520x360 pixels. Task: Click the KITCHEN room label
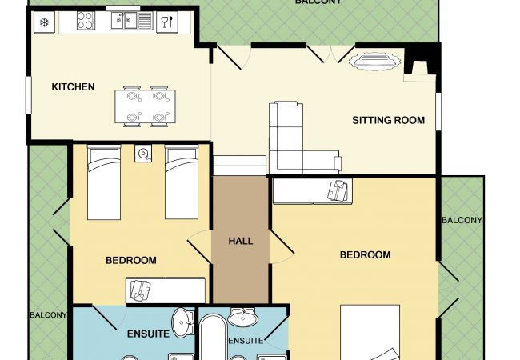(x=73, y=87)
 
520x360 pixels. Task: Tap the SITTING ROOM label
(x=388, y=120)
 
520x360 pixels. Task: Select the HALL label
(x=241, y=241)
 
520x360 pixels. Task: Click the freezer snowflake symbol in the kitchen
(x=44, y=22)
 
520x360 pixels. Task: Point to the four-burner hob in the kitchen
(x=86, y=21)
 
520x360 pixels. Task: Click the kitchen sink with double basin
(x=131, y=21)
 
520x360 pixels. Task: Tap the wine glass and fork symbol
(x=167, y=22)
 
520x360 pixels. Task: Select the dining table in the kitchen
(x=146, y=106)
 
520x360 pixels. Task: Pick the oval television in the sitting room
(x=374, y=62)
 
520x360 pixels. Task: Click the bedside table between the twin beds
(x=143, y=154)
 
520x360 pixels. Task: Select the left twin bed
(x=104, y=182)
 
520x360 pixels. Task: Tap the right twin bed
(x=182, y=182)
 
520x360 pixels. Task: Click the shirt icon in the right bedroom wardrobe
(x=338, y=190)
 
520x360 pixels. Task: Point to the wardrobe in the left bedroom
(x=166, y=290)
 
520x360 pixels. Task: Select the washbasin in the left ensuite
(x=183, y=323)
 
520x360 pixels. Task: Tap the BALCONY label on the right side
(x=462, y=220)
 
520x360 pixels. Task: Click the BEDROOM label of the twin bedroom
(x=131, y=260)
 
